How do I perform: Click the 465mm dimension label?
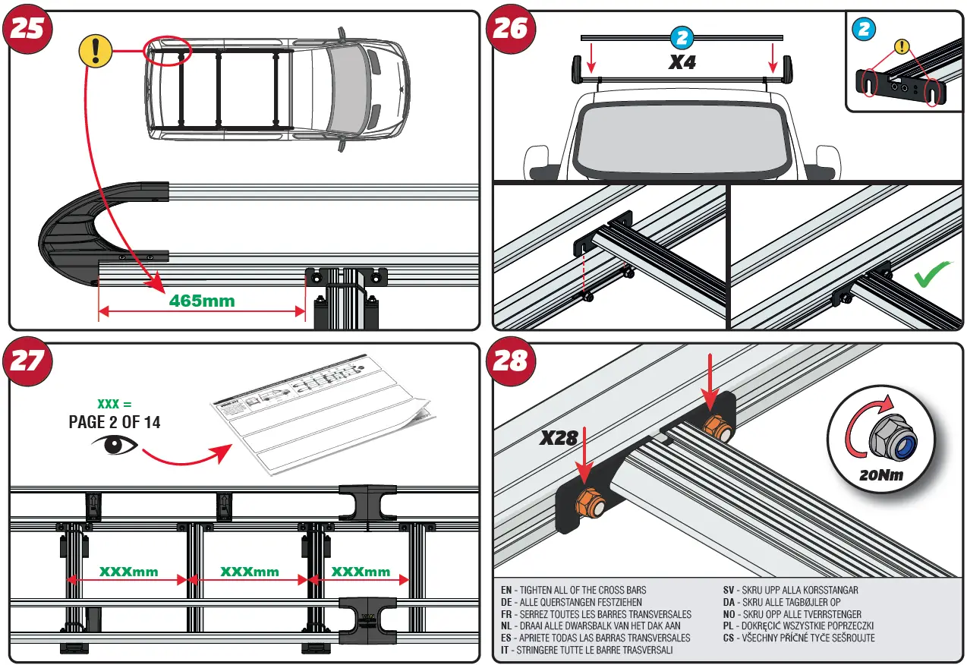coord(201,301)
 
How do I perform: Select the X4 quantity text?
coord(682,62)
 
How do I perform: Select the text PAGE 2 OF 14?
coord(115,422)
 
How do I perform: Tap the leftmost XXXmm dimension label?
coord(128,571)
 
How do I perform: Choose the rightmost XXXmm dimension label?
coord(361,571)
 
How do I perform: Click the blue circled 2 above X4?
coord(680,36)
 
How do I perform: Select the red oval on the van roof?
coord(169,52)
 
